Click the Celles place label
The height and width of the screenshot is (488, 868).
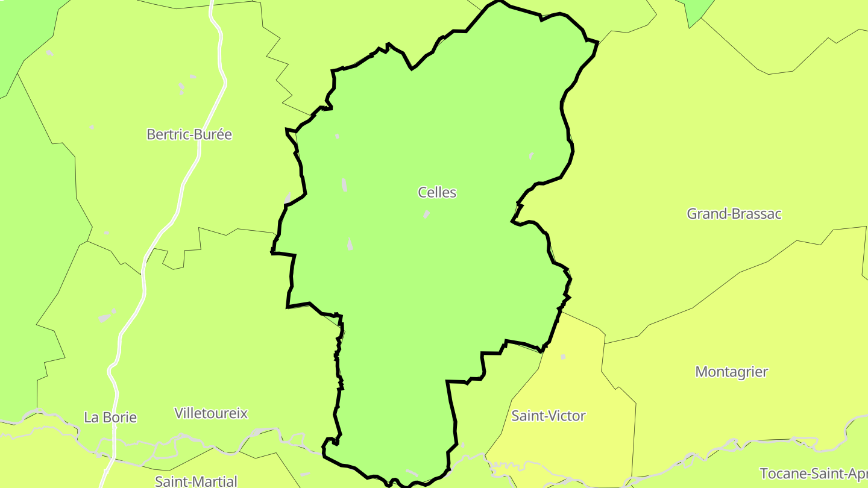(437, 193)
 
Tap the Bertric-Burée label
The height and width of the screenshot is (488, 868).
(189, 134)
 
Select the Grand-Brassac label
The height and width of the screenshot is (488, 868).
(734, 214)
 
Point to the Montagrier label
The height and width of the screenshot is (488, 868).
(732, 372)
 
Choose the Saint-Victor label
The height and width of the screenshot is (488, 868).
(549, 416)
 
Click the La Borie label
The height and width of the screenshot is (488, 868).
(110, 418)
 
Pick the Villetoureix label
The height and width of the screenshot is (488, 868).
(211, 413)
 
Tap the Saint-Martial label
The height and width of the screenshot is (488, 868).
(196, 481)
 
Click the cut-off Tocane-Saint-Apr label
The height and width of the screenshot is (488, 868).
(813, 473)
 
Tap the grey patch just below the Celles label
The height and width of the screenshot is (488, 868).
(427, 214)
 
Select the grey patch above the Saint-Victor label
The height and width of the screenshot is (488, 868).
(563, 357)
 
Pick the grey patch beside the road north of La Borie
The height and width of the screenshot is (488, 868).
(106, 316)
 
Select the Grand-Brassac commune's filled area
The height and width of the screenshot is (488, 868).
(693, 151)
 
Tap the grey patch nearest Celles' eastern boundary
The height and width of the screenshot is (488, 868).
(531, 156)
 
